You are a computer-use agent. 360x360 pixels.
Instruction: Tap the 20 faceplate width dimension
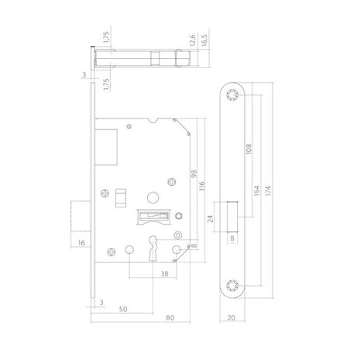pos(233,316)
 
